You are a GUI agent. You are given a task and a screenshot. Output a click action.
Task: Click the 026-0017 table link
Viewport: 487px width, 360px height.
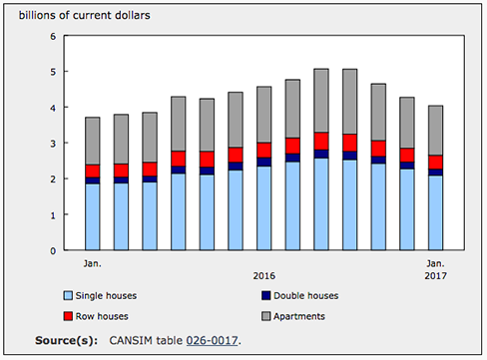(x=212, y=340)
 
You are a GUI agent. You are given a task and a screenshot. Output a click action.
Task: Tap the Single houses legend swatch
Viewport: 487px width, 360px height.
(x=68, y=295)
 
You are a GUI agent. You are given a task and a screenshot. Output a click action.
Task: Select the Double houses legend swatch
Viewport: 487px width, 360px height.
(x=266, y=295)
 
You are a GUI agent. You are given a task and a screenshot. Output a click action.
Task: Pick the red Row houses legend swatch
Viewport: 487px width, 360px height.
(x=68, y=316)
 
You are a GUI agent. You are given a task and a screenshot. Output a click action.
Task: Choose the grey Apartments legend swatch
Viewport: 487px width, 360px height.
(x=266, y=316)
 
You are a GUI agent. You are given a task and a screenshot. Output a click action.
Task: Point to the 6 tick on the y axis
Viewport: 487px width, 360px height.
(x=53, y=36)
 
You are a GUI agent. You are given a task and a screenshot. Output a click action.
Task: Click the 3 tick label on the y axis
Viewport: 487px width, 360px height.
(x=53, y=144)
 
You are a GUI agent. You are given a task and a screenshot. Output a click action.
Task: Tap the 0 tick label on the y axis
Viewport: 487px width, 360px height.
(x=53, y=251)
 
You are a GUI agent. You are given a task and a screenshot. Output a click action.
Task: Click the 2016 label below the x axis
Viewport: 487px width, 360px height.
(x=264, y=276)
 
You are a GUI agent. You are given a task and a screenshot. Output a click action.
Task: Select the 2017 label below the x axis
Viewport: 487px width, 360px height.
(x=435, y=276)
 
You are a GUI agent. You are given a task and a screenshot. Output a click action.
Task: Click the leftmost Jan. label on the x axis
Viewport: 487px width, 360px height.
(x=93, y=263)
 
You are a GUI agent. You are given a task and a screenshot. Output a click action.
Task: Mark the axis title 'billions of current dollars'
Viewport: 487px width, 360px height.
(x=85, y=15)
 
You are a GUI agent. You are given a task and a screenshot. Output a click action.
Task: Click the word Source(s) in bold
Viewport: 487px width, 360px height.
(x=67, y=340)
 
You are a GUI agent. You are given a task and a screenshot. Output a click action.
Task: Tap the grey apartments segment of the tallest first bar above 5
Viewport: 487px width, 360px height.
(x=321, y=101)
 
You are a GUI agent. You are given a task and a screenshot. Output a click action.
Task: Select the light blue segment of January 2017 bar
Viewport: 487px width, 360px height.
(x=435, y=212)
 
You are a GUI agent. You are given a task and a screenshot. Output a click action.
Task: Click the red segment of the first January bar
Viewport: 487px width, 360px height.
(x=93, y=171)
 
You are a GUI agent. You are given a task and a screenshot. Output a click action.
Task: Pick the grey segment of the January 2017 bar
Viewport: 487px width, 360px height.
(x=435, y=131)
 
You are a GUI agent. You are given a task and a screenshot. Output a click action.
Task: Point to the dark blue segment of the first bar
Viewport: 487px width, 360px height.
(x=93, y=180)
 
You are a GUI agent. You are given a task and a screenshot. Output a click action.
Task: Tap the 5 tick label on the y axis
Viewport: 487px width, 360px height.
(x=53, y=72)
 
